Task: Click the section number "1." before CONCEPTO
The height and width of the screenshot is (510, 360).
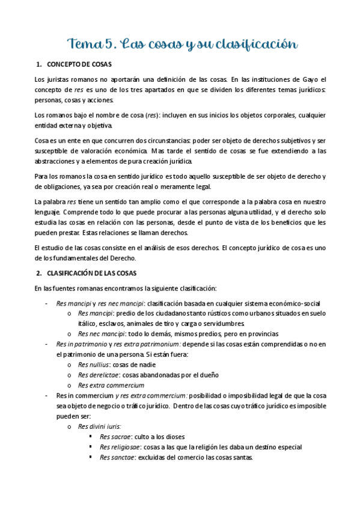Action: pos(39,64)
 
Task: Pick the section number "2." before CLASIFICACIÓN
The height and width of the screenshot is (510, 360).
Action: pos(39,273)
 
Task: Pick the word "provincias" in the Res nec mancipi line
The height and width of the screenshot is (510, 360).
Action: pos(259,333)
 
